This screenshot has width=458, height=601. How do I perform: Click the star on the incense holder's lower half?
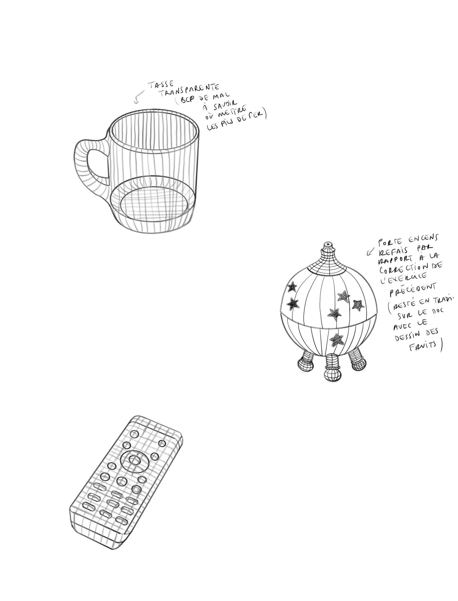pyautogui.click(x=337, y=340)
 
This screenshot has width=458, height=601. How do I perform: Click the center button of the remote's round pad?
pyautogui.click(x=134, y=460)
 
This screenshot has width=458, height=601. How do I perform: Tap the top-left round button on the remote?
pyautogui.click(x=134, y=435)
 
